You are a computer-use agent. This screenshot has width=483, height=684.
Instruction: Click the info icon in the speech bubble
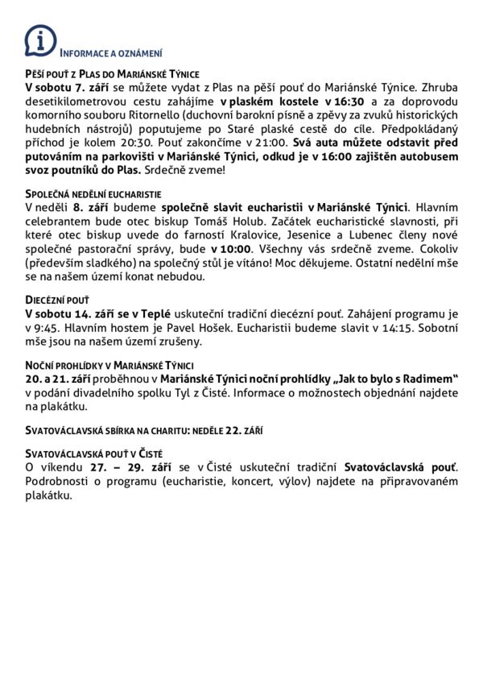coord(40,39)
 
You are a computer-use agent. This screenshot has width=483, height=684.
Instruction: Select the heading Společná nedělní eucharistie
coord(94,194)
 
